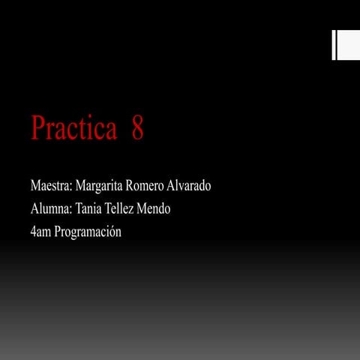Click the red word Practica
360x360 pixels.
[74, 128]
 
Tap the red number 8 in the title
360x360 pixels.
[137, 128]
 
